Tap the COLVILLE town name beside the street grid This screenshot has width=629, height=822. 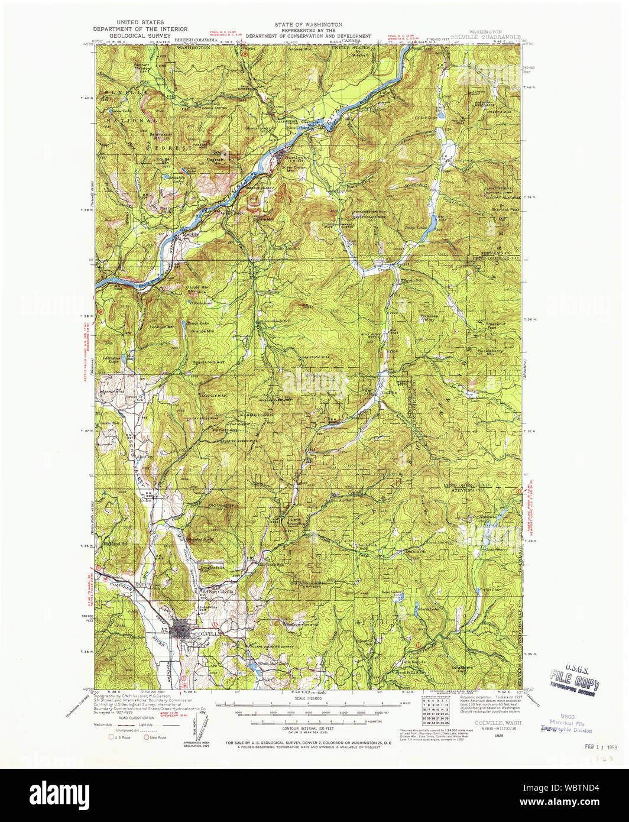tap(207, 633)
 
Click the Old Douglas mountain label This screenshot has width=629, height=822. tap(221, 506)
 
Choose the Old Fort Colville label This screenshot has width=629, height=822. tap(218, 591)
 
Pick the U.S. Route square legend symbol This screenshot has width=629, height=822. tap(110, 737)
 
